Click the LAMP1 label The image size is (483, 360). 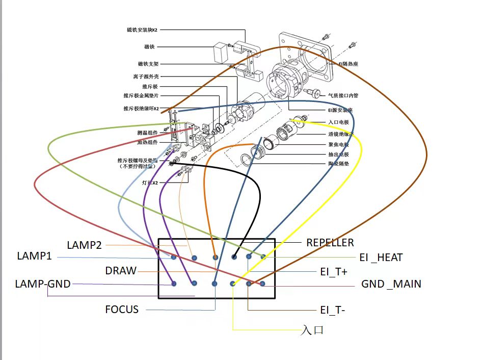pyautogui.click(x=34, y=255)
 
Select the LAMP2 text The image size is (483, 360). pyautogui.click(x=84, y=245)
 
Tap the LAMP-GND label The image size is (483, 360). pyautogui.click(x=43, y=284)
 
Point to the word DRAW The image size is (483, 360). pyautogui.click(x=121, y=270)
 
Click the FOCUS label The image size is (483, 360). pyautogui.click(x=122, y=309)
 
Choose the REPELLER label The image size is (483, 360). pyautogui.click(x=330, y=242)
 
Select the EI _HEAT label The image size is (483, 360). pyautogui.click(x=381, y=258)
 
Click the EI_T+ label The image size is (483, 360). pyautogui.click(x=334, y=271)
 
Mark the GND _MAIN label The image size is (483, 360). pyautogui.click(x=391, y=284)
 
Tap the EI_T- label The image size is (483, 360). pyautogui.click(x=333, y=309)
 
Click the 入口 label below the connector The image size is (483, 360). pyautogui.click(x=312, y=330)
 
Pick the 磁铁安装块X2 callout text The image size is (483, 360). pyautogui.click(x=142, y=30)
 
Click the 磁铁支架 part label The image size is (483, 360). pyautogui.click(x=148, y=64)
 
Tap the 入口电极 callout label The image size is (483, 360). pyautogui.click(x=339, y=122)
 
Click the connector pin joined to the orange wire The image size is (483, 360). pyautogui.click(x=215, y=257)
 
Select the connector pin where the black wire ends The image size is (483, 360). pyautogui.click(x=235, y=256)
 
